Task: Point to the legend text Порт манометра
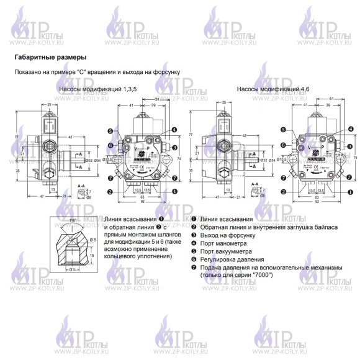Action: coord(226,243)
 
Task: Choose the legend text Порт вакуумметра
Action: coord(228,251)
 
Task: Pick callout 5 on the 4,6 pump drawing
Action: coord(284,130)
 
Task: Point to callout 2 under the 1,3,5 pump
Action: coord(109,191)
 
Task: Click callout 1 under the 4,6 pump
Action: coord(346,191)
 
